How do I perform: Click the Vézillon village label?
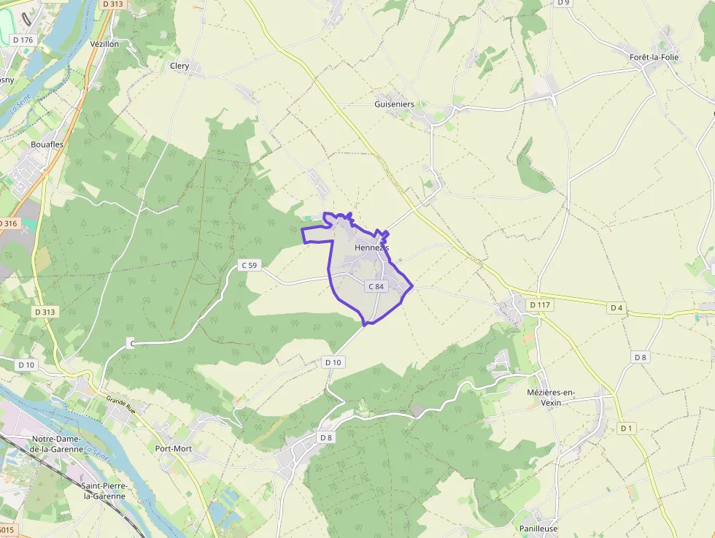coord(104,44)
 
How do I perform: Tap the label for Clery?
coord(179,66)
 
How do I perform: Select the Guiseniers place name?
coord(394,104)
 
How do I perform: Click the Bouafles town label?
coord(47,145)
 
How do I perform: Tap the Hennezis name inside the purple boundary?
coord(371,248)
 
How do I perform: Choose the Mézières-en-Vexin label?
coord(551,398)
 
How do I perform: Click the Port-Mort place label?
coord(174,448)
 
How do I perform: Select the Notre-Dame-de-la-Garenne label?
coord(55,444)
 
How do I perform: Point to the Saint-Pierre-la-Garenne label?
coord(104,491)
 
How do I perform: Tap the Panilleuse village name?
coord(538,529)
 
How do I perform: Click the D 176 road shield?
coord(23,40)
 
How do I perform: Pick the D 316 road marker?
coord(8,223)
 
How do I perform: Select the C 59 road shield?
coord(250,265)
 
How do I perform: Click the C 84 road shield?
coord(376,287)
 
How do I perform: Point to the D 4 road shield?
coord(617,308)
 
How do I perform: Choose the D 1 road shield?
coord(625,429)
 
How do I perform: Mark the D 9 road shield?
coord(563,3)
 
